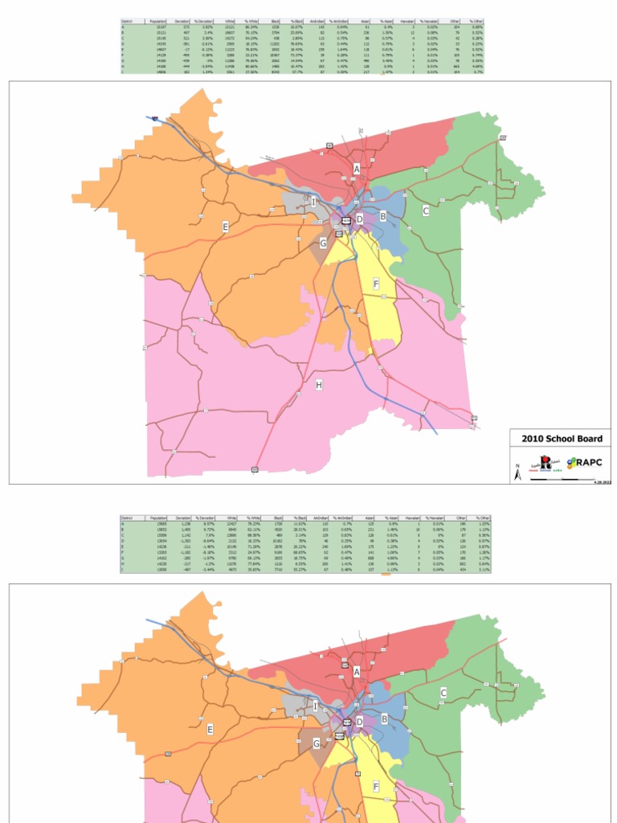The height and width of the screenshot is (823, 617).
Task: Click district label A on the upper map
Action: coord(357,169)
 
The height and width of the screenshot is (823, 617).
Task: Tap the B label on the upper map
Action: coord(384,215)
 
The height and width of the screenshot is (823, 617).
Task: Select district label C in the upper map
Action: coord(426,211)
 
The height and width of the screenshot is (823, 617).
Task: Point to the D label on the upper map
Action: coord(360,219)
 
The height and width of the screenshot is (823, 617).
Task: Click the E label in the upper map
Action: coord(226,227)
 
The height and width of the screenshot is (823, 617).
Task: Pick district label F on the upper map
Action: coord(375,284)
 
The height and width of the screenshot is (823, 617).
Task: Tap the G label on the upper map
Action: coord(323,243)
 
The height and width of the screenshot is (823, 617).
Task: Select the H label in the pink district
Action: coord(319,386)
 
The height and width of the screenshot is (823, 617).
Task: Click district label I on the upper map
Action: coord(314,203)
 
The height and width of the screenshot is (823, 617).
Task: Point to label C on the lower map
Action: coord(443,692)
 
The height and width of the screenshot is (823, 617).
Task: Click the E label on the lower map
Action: coord(210,729)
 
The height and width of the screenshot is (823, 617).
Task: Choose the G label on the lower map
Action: coord(317,743)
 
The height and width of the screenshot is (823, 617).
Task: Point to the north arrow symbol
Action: coord(518,473)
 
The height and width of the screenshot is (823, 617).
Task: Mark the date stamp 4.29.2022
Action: coord(602,481)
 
